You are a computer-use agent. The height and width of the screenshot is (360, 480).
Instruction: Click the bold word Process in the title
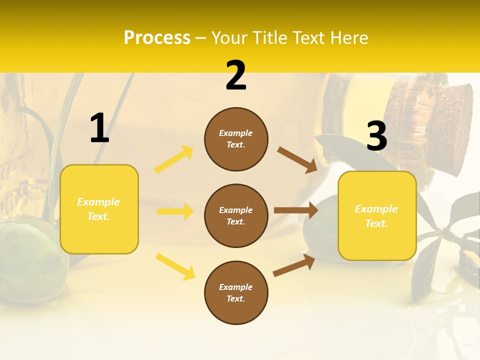click(157, 38)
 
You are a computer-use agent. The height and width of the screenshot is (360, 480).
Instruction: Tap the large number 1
click(99, 128)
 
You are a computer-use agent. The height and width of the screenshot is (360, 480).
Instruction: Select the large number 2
click(236, 76)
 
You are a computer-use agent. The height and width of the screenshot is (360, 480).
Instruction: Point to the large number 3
click(376, 136)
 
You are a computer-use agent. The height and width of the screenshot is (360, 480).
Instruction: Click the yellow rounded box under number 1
click(99, 209)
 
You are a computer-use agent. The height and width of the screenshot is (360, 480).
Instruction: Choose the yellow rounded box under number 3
click(377, 215)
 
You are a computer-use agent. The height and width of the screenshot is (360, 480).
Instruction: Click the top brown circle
click(236, 139)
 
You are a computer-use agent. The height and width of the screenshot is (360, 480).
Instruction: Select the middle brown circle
click(236, 215)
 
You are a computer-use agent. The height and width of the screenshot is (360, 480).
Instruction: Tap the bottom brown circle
click(236, 292)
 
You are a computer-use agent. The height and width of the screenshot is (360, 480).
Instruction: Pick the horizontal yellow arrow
click(175, 211)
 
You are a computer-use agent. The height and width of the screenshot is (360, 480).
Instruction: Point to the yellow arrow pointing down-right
click(175, 266)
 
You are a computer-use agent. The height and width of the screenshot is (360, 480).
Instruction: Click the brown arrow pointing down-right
click(297, 159)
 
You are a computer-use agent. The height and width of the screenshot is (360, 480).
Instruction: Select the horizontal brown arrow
click(296, 210)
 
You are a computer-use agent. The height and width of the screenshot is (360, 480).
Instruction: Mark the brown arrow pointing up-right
click(294, 265)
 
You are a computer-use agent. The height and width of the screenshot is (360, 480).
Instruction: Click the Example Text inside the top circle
click(236, 139)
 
